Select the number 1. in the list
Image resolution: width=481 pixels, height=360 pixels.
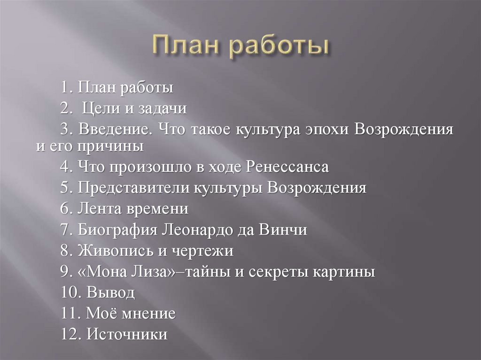(x=66, y=88)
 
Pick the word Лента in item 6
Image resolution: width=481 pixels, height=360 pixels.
(x=99, y=209)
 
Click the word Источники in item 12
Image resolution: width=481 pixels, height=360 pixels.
(x=127, y=335)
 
